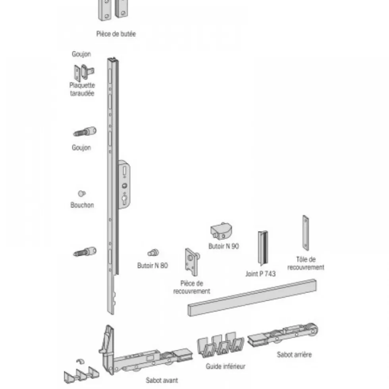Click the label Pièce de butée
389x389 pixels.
coord(116,34)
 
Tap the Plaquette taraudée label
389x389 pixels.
coord(82,89)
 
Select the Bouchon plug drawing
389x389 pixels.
coord(81,194)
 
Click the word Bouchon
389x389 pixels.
coord(82,205)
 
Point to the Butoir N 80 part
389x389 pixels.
coord(153,253)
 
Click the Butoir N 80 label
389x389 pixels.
coord(152,266)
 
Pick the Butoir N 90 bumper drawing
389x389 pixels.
coord(221,231)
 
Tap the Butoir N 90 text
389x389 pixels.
coord(223,246)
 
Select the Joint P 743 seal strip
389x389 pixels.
coord(263,248)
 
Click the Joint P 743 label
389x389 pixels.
coord(260,274)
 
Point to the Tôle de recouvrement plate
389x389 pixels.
coord(306,233)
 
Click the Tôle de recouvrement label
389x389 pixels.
coord(306,263)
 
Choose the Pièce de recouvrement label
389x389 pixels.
coord(191,287)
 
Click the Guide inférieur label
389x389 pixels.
coord(225,366)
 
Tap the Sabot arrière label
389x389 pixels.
coord(294,355)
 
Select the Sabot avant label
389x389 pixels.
coord(162,380)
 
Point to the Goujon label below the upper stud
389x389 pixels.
coord(81,148)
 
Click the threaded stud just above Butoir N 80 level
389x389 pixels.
coord(85,252)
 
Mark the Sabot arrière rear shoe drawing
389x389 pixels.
coord(283,334)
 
